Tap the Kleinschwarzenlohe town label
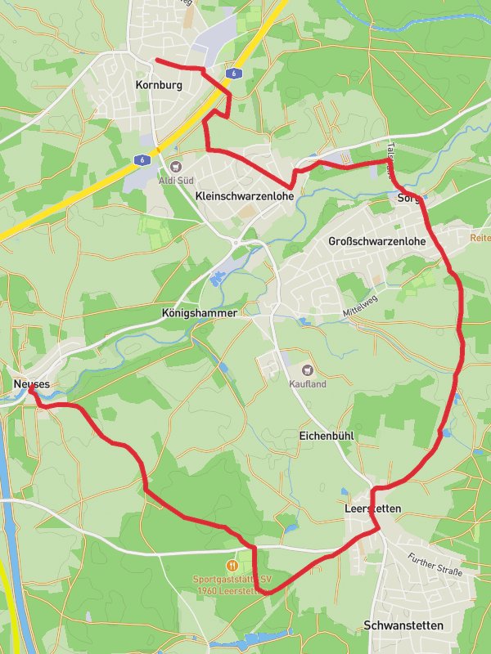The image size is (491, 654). tap(245, 195)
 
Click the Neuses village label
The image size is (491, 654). tap(32, 383)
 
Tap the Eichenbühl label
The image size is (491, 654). tap(326, 436)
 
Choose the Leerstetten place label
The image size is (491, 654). tap(372, 508)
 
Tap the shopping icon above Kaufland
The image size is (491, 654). tap(308, 370)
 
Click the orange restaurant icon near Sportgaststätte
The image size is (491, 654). tap(232, 565)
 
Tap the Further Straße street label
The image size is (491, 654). tap(435, 565)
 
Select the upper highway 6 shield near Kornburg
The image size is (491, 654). tap(235, 74)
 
